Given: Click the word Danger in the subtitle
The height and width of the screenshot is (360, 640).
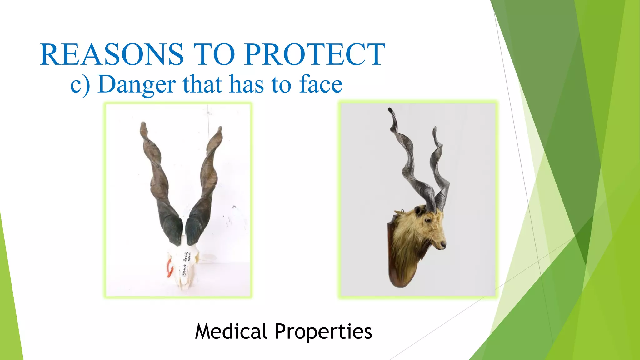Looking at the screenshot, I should point(137,84).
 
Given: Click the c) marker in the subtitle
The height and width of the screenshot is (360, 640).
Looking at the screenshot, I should point(80,85).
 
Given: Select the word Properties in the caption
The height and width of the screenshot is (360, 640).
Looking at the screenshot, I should point(323,332).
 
